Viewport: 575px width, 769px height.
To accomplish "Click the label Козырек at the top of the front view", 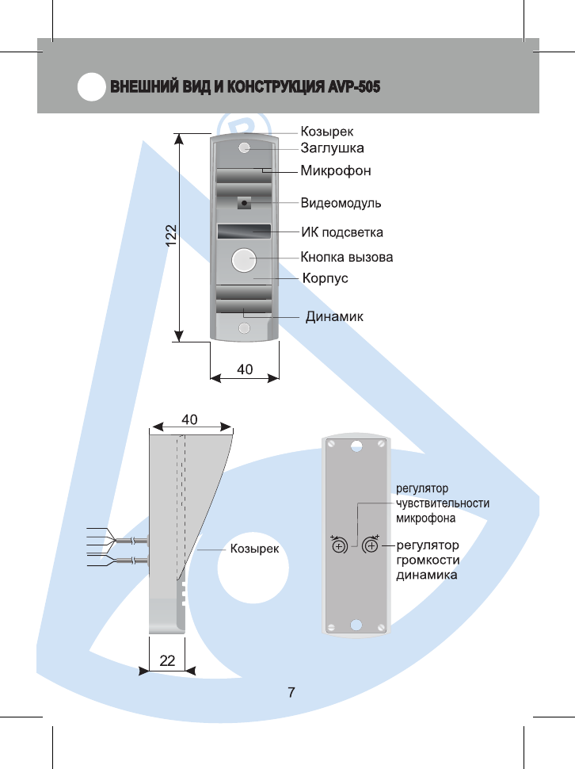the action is point(326,132).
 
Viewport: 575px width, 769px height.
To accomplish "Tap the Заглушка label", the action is point(332,148).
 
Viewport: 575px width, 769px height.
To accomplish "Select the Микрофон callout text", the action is point(336,170).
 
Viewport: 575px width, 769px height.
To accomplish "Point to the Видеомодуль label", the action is point(341,203).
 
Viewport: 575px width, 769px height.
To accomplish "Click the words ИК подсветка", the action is point(342,232).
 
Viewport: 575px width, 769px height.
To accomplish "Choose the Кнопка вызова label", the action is point(346,257).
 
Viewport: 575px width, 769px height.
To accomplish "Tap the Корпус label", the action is point(326,278).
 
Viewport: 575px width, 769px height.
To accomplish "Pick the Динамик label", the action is point(334,316).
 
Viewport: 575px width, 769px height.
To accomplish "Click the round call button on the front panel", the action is point(243,260).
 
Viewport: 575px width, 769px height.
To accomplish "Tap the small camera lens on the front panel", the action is point(244,202).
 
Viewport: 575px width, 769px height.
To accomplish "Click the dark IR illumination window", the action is point(244,231).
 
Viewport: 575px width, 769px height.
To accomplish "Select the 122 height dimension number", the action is point(171,235).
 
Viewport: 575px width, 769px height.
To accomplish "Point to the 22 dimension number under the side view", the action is point(167,660).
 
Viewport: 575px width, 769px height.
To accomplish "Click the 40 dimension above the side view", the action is point(189,419).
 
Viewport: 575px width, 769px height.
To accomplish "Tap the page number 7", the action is point(291,692).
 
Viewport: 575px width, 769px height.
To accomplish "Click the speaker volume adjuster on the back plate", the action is point(371,545).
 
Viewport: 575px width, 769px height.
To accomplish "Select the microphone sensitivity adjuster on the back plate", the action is point(339,545).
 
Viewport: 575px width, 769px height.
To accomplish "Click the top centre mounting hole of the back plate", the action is point(356,446).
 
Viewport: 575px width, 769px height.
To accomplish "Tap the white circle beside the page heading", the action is point(92,86).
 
